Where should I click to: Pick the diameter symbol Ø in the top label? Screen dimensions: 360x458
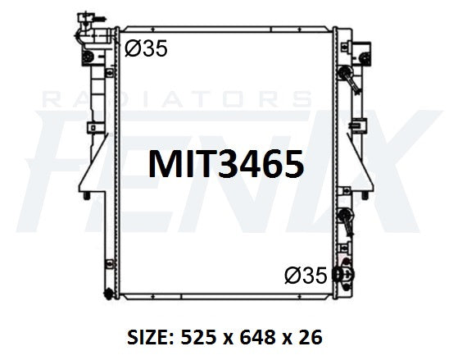132,50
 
